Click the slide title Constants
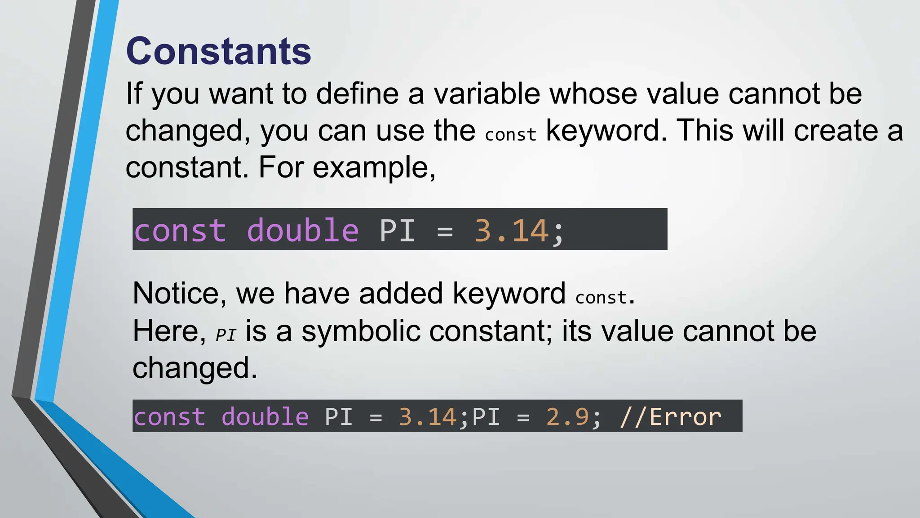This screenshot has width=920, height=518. [218, 51]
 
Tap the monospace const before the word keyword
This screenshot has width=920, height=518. [510, 134]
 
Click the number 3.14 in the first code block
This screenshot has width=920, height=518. [512, 231]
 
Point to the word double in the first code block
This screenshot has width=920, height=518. [303, 231]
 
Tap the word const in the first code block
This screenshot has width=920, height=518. [180, 231]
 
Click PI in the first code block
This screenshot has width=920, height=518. [397, 231]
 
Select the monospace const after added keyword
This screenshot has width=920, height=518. [601, 297]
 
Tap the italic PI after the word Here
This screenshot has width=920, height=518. [226, 335]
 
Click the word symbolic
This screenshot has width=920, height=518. [360, 331]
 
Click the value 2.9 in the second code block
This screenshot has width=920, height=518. [567, 417]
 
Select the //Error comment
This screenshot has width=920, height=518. [670, 417]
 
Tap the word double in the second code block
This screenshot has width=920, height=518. [265, 417]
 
